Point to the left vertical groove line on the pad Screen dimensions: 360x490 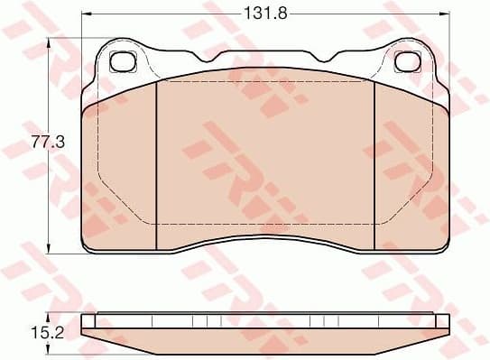[158, 162]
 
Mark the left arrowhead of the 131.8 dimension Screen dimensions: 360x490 [85, 14]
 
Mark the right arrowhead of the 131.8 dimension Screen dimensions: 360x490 [446, 14]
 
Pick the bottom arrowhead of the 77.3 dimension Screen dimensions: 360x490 [48, 252]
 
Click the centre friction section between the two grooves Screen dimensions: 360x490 [265, 162]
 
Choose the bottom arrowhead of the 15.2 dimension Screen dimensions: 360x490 [48, 346]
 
